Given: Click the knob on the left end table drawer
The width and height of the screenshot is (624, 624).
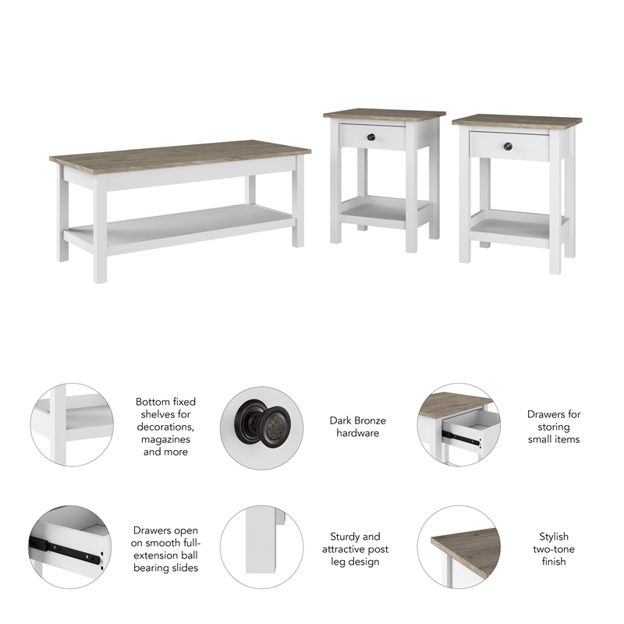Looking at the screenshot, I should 372,138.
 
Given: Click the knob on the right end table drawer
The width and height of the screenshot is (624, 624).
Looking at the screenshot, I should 508,146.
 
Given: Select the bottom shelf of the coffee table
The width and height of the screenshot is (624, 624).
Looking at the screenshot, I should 179,225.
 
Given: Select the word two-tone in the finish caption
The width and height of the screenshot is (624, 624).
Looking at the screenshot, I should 553,549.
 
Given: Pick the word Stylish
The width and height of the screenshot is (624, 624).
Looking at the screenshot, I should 553,537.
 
